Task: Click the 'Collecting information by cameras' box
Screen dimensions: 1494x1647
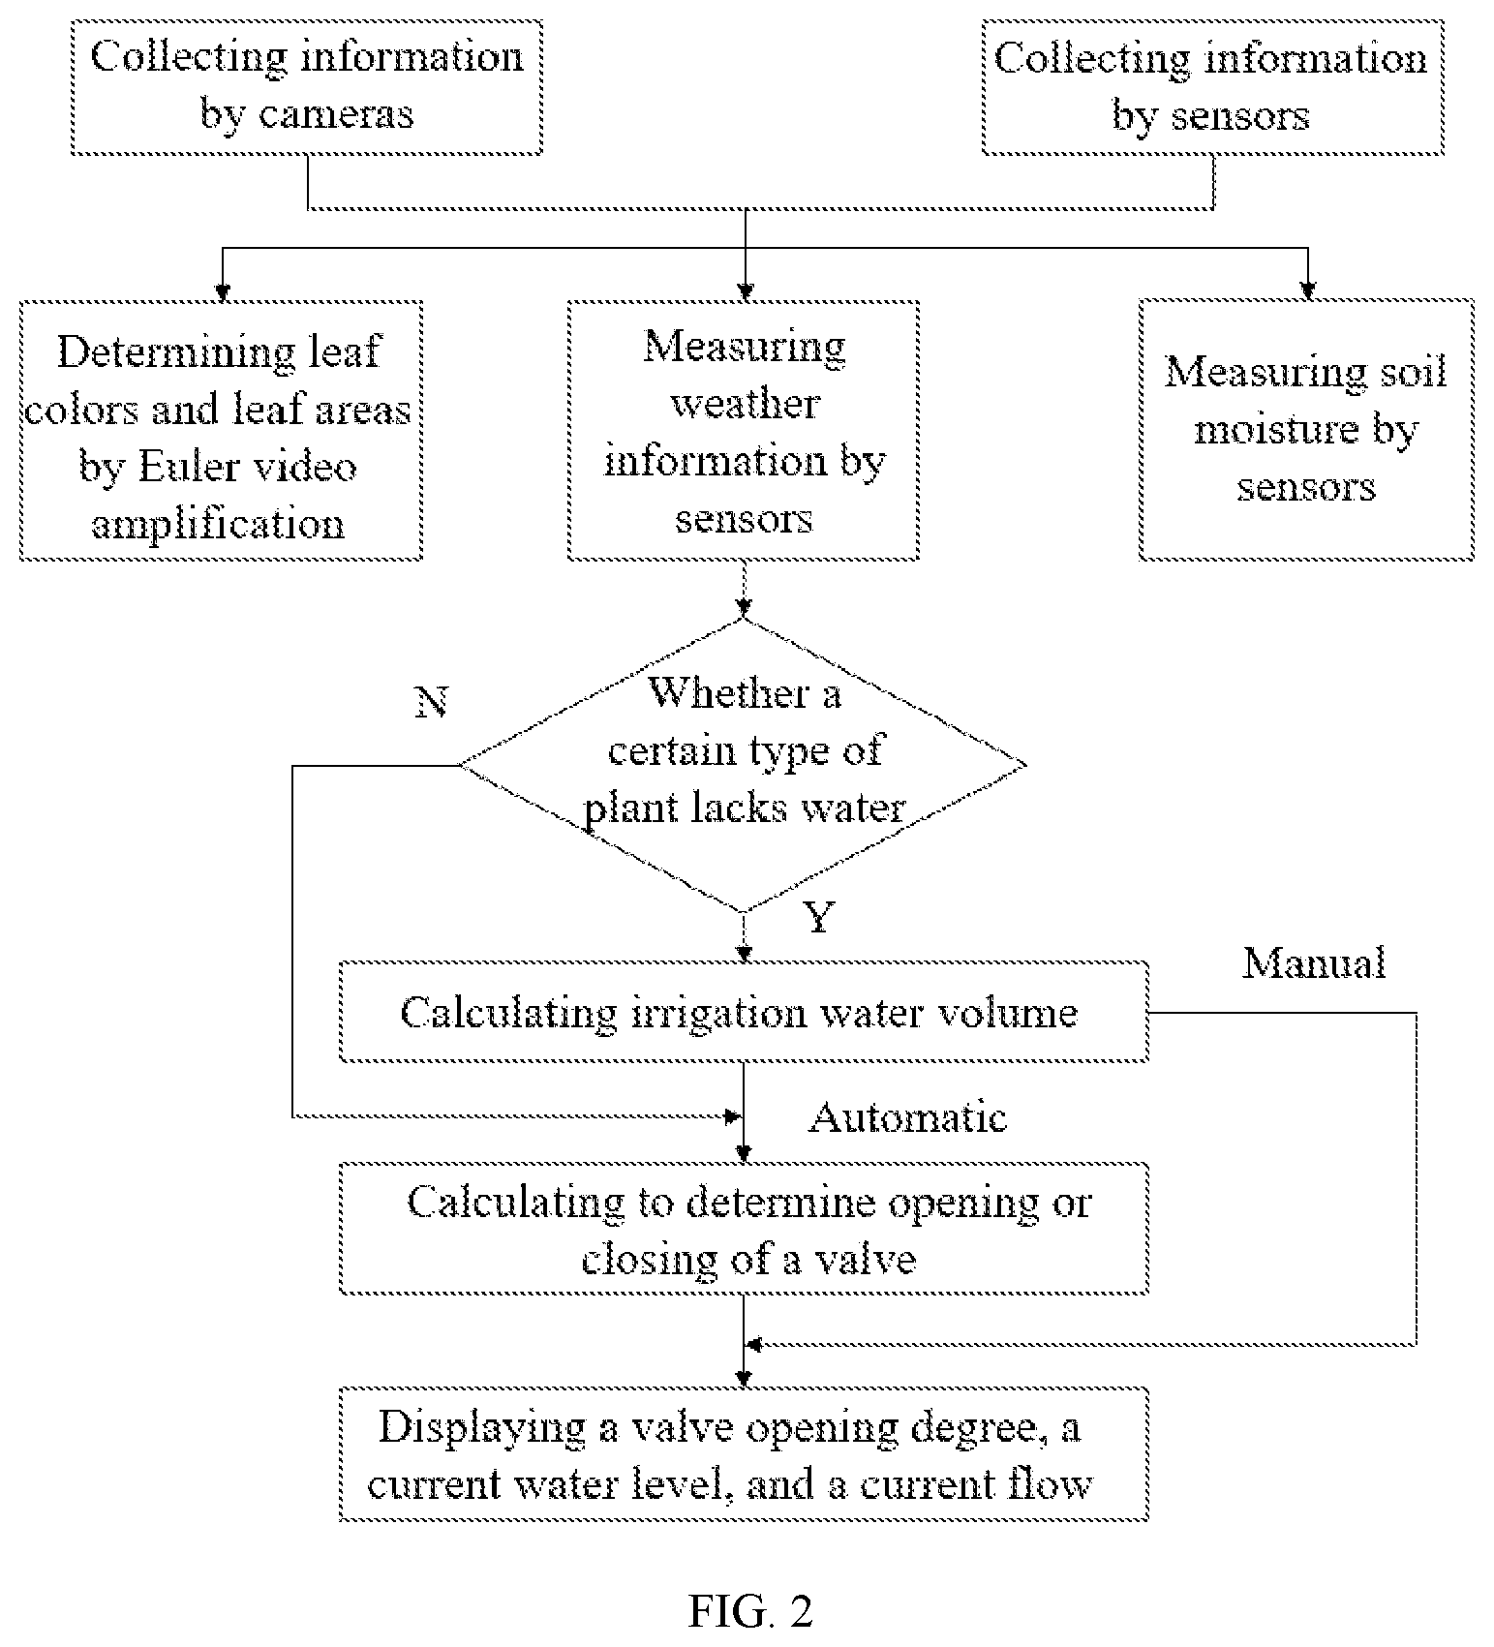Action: [306, 88]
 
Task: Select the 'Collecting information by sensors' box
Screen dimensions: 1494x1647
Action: [1212, 88]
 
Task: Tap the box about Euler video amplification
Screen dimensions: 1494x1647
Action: [222, 431]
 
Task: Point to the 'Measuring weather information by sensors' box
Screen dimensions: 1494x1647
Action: [744, 431]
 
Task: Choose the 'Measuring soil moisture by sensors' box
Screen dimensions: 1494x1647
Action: [1306, 430]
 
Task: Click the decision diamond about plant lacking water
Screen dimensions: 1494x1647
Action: [743, 765]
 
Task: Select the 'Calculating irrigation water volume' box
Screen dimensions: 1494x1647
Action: [744, 1012]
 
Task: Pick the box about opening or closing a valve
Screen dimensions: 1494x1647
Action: [744, 1229]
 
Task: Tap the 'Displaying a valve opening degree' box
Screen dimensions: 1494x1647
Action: [744, 1454]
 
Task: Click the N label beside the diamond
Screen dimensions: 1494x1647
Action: [432, 702]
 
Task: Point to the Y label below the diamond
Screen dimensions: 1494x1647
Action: [819, 916]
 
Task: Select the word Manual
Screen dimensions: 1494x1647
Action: [1314, 962]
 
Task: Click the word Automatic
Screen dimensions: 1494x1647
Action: [908, 1117]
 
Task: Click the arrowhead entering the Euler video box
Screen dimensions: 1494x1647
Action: [223, 293]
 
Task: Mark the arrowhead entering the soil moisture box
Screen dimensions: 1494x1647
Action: [1308, 291]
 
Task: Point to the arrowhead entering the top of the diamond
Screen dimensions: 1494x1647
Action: [744, 609]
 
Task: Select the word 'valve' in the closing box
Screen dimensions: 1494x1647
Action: [866, 1259]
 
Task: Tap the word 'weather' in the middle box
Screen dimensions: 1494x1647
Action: [746, 404]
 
